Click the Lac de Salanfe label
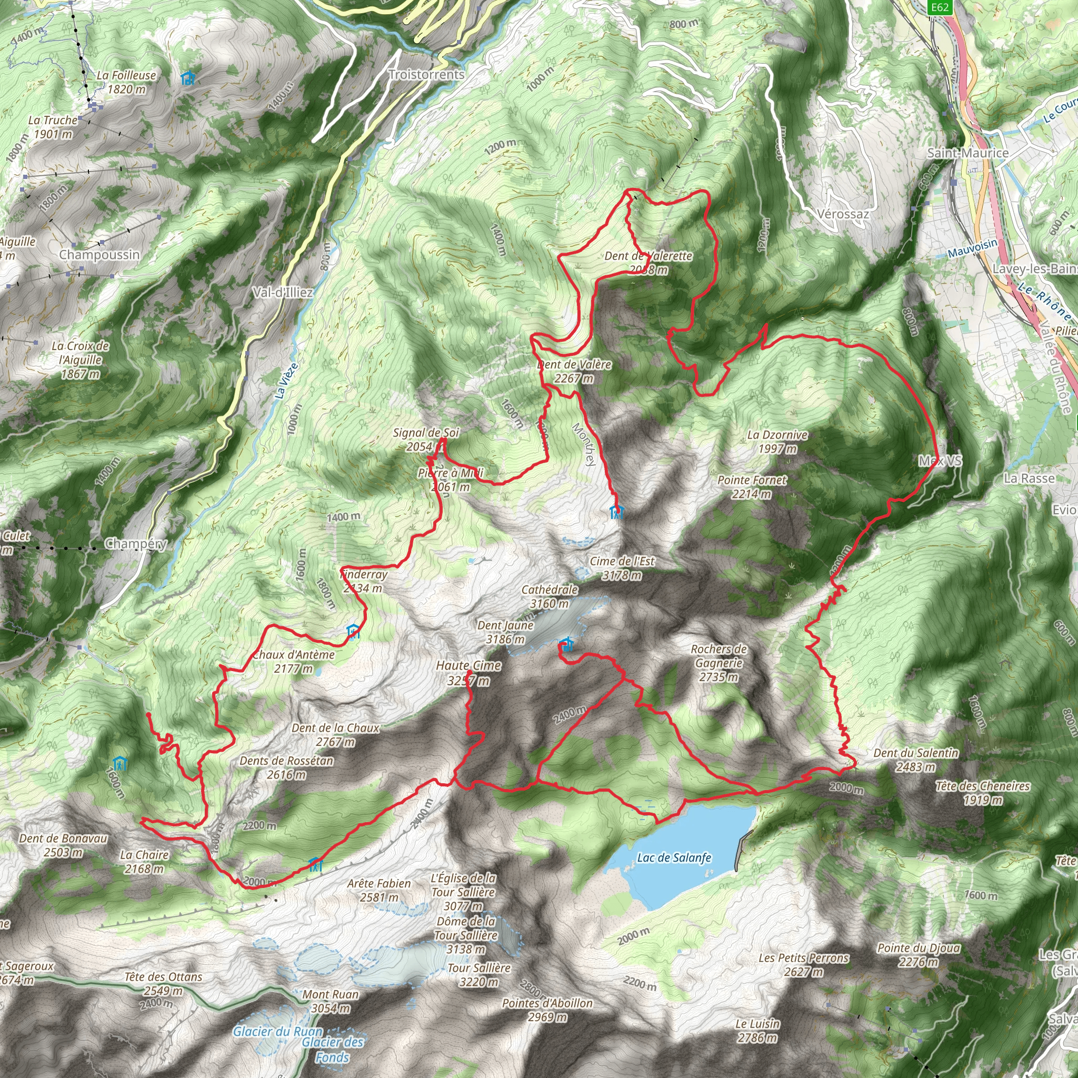pyautogui.click(x=674, y=857)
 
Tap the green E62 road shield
pyautogui.click(x=939, y=7)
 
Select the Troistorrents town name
pyautogui.click(x=426, y=75)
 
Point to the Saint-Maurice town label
pyautogui.click(x=967, y=153)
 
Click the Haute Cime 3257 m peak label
pyautogui.click(x=468, y=672)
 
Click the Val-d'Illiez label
pyautogui.click(x=282, y=292)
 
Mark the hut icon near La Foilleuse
pyautogui.click(x=188, y=78)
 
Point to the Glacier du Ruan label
pyautogui.click(x=278, y=1032)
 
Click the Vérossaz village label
pyautogui.click(x=843, y=214)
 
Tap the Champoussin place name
pyautogui.click(x=99, y=255)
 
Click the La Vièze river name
pyautogui.click(x=287, y=381)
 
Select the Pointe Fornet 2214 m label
pyautogui.click(x=752, y=486)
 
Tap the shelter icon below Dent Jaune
pyautogui.click(x=566, y=645)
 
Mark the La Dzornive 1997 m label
pyautogui.click(x=777, y=441)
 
